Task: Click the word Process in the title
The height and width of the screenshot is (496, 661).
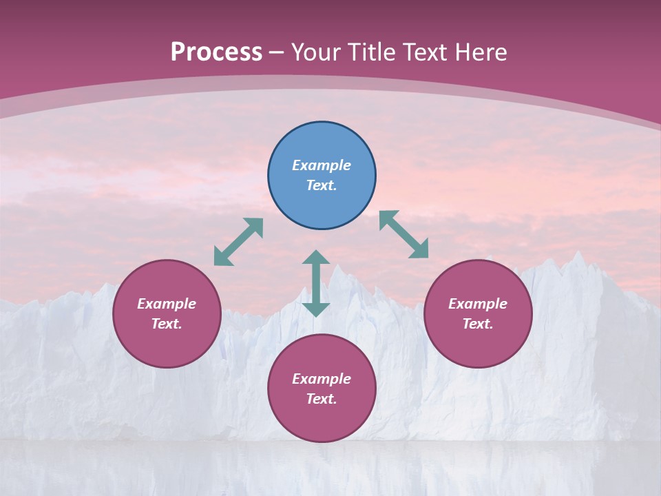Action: [x=216, y=52]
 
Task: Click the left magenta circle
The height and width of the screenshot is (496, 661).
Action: [x=167, y=313]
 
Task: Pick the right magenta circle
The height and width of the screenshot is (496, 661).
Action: [x=478, y=313]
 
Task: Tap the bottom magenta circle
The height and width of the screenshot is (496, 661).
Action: [x=322, y=389]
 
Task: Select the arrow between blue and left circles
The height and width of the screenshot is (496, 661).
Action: [x=238, y=242]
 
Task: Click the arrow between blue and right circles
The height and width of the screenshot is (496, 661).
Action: [x=404, y=234]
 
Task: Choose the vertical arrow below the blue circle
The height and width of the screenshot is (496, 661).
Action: [x=316, y=283]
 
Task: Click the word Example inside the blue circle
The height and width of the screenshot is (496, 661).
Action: [x=322, y=165]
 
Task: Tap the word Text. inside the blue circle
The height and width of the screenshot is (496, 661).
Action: [x=322, y=185]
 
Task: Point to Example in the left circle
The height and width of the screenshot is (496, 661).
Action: [x=167, y=304]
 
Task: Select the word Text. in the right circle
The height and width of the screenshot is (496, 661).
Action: [x=478, y=324]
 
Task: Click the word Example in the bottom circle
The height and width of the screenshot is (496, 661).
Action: [x=322, y=379]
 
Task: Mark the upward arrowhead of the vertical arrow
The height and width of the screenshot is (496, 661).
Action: [x=316, y=257]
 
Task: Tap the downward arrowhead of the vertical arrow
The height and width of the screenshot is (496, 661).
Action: [x=316, y=309]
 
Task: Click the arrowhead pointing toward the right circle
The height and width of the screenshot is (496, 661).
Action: [x=419, y=249]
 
